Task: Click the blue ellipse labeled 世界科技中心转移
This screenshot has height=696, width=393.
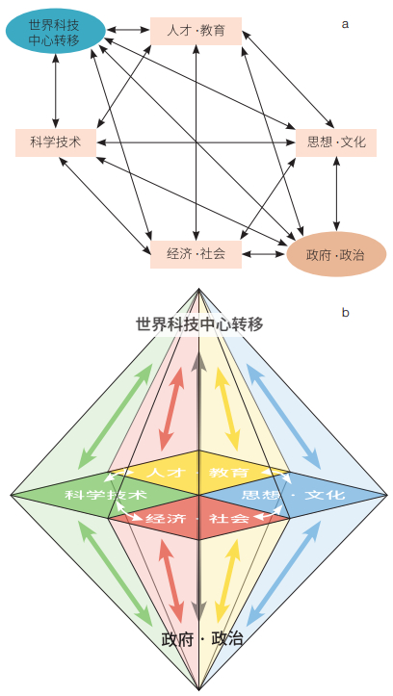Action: click(x=56, y=31)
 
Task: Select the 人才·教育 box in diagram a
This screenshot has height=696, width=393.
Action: click(x=196, y=31)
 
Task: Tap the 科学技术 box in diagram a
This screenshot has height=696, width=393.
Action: click(x=56, y=142)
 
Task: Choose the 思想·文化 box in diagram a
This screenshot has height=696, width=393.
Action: click(x=336, y=142)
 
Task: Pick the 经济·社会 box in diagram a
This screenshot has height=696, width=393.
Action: click(x=196, y=254)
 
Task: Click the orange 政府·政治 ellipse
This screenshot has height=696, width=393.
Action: click(x=336, y=254)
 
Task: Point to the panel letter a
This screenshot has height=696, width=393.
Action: click(x=345, y=24)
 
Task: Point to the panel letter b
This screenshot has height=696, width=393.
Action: click(x=345, y=313)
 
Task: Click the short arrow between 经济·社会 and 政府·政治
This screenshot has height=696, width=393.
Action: click(x=264, y=254)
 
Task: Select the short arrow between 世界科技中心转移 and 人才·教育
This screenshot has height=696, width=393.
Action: click(x=128, y=30)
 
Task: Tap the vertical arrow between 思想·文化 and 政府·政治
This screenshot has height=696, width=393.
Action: click(x=336, y=194)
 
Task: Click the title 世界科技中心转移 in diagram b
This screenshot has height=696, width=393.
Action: click(x=199, y=324)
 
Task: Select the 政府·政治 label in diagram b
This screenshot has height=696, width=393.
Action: click(x=202, y=638)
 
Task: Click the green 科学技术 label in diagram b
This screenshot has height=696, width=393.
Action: click(x=106, y=495)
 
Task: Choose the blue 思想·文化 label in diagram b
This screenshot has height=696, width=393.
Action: click(x=293, y=495)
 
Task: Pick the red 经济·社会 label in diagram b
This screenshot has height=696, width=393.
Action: click(x=197, y=518)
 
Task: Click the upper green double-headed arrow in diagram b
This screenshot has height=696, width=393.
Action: click(x=115, y=419)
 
